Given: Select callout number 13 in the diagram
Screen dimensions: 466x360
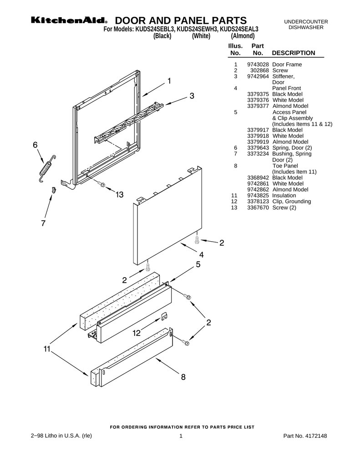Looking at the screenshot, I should pos(119,195).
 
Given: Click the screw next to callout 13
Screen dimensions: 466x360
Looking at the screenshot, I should pos(102,184).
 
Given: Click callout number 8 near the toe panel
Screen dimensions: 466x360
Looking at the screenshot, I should pos(183,377).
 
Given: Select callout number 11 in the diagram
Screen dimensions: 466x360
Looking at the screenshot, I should pos(46,349).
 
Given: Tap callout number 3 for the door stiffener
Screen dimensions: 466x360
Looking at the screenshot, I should pos(192,96).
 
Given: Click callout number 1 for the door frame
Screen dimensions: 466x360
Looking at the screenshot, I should pos(169,81).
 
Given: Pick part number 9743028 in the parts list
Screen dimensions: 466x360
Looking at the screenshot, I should pos(258,65).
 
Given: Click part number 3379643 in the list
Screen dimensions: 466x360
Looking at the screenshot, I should pos(258,148).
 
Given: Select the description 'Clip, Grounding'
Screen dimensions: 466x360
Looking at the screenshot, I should pos(291,201).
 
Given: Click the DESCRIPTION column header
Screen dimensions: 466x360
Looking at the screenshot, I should pos(293,53).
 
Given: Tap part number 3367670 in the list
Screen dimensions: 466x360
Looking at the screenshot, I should pos(258,208).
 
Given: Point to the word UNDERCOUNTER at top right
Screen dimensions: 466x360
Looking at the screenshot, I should pos(306,22).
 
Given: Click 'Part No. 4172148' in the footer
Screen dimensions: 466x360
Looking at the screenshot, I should pos(305,436).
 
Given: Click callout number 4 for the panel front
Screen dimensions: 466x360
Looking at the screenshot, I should pos(201,255).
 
